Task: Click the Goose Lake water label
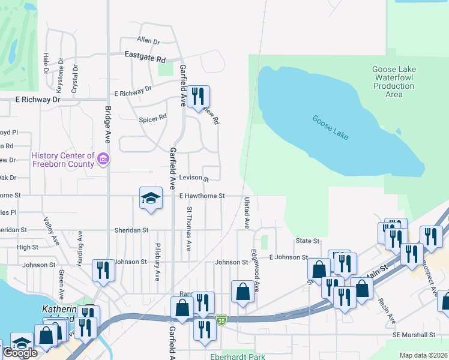click(x=330, y=127)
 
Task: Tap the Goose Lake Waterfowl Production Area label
click(x=394, y=82)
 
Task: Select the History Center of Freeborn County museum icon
click(x=103, y=160)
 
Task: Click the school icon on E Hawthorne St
click(x=151, y=197)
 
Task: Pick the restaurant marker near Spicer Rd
click(x=198, y=96)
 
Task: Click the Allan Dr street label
click(x=148, y=41)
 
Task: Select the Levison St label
click(x=193, y=179)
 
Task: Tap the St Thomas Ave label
click(x=189, y=229)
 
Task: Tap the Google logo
click(x=20, y=353)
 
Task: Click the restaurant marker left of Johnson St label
click(x=103, y=270)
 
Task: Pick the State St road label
click(x=307, y=241)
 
